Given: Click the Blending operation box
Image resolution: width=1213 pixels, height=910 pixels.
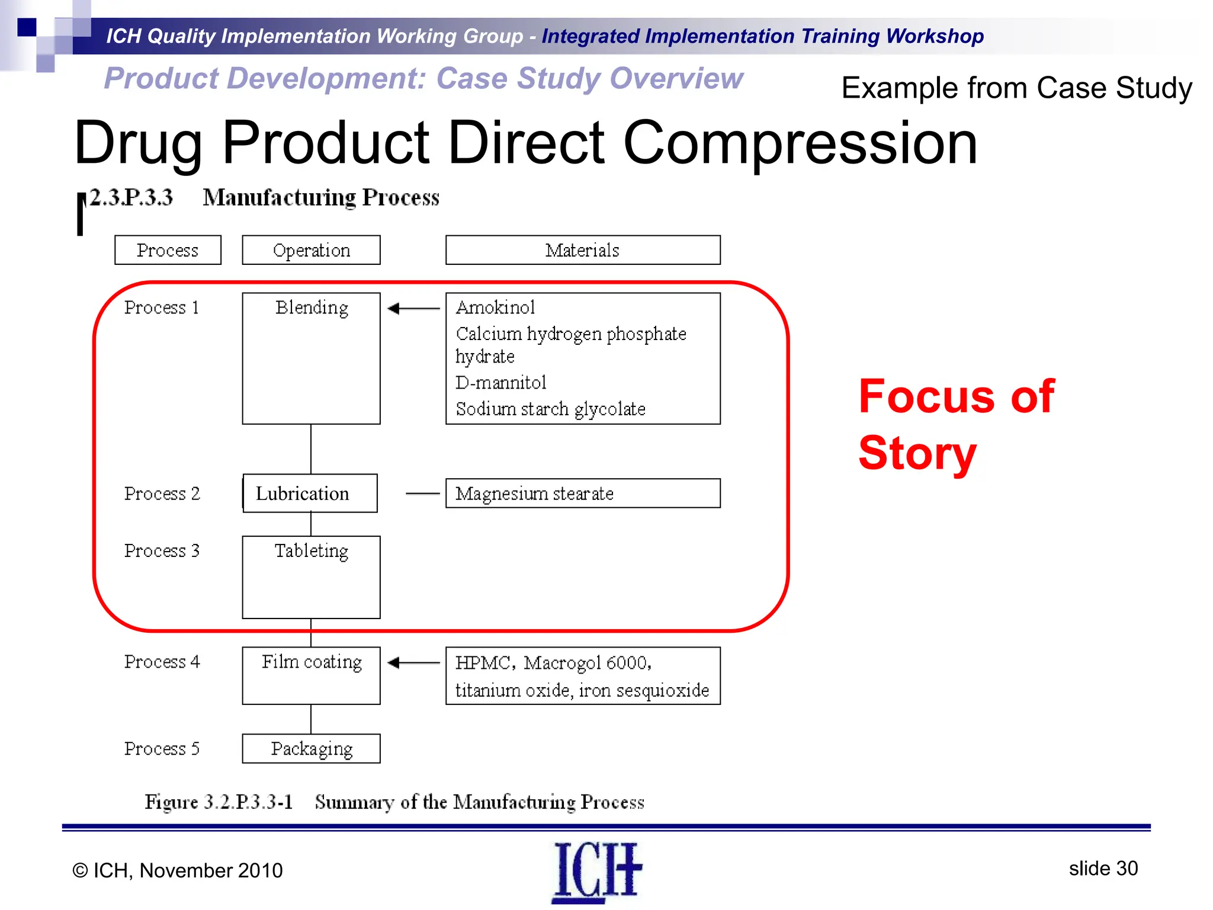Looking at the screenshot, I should pyautogui.click(x=311, y=358).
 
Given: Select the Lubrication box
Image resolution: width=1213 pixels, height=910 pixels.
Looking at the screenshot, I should pyautogui.click(x=310, y=493).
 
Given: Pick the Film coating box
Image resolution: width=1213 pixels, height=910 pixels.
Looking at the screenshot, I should pyautogui.click(x=311, y=675).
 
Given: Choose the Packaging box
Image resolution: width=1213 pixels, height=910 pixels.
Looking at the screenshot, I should pyautogui.click(x=311, y=748).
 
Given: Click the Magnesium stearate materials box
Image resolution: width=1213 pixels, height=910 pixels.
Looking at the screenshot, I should pyautogui.click(x=582, y=493).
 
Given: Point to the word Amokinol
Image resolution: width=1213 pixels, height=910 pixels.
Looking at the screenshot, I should pyautogui.click(x=495, y=307).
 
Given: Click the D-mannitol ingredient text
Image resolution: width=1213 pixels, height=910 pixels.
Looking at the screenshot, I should pyautogui.click(x=500, y=383).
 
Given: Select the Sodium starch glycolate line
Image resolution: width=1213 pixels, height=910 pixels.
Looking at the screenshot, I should pyautogui.click(x=550, y=409).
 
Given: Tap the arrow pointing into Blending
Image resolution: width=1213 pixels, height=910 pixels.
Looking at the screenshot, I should pyautogui.click(x=413, y=308).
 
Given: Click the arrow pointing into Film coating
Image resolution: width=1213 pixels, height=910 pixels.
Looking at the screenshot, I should pyautogui.click(x=413, y=662).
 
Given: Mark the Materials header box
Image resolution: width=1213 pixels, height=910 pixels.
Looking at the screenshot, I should pyautogui.click(x=582, y=250).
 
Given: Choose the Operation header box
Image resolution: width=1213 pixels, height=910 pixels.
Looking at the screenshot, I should pyautogui.click(x=311, y=250).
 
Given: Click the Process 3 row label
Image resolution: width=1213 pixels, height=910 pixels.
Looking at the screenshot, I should pyautogui.click(x=162, y=551).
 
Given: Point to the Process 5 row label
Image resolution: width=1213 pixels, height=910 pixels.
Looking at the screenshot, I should pyautogui.click(x=162, y=749).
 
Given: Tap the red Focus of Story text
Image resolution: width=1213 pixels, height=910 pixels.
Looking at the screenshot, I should pyautogui.click(x=956, y=424).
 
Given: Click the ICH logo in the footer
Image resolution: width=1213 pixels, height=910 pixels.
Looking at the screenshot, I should pyautogui.click(x=596, y=871).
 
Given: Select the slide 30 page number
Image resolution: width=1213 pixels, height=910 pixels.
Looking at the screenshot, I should pyautogui.click(x=1103, y=869).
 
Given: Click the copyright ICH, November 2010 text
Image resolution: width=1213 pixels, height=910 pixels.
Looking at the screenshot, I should pyautogui.click(x=178, y=870).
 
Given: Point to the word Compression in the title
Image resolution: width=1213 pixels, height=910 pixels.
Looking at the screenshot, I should pyautogui.click(x=800, y=143).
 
